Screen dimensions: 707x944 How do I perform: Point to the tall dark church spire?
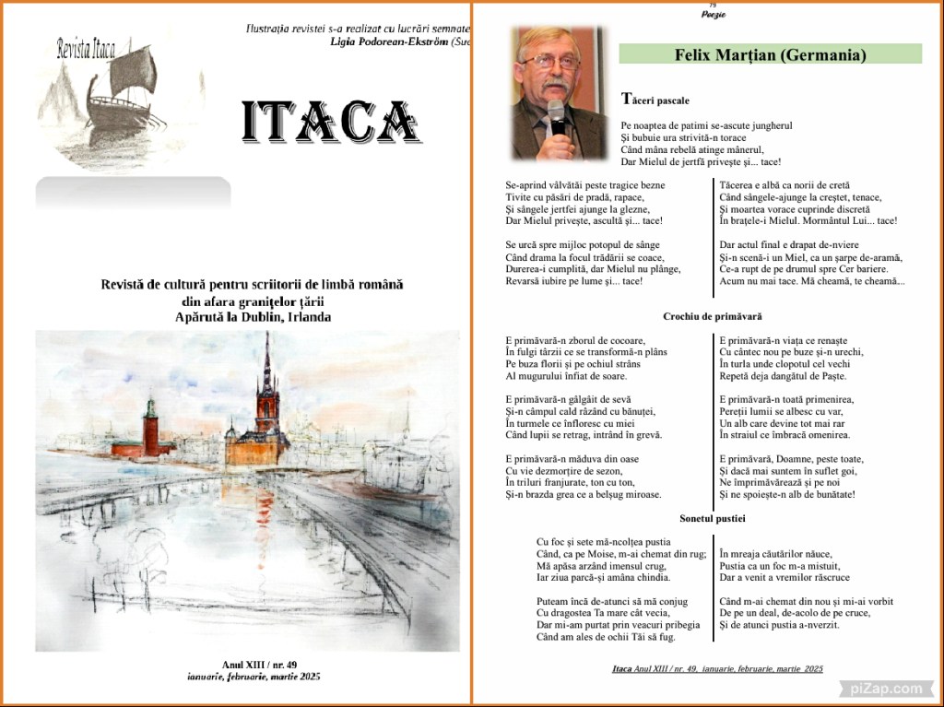(x=266, y=369)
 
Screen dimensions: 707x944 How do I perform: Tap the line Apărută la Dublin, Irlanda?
(x=253, y=316)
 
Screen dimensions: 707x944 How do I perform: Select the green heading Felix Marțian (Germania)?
(x=770, y=54)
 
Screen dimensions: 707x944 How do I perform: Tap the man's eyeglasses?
(x=549, y=62)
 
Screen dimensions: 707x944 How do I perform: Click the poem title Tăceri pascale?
(x=655, y=99)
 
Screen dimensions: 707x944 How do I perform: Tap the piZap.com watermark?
(x=880, y=688)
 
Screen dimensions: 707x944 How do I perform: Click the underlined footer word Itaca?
(x=622, y=668)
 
